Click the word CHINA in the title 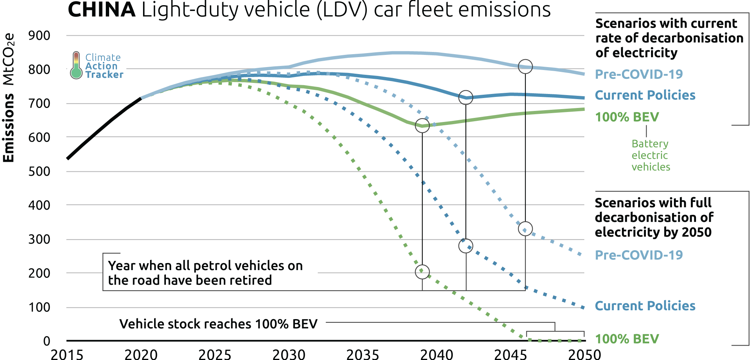[102, 10]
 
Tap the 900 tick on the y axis [39, 36]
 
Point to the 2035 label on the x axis [363, 354]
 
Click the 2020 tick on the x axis [141, 354]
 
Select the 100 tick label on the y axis [39, 307]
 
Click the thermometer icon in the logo [76, 65]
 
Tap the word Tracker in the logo [104, 75]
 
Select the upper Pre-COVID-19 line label [639, 74]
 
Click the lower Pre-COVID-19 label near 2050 [639, 255]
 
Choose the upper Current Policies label [645, 95]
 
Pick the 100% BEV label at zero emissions [627, 339]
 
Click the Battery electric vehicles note [651, 155]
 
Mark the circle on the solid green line [422, 126]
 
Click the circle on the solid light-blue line [525, 67]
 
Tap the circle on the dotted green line [422, 272]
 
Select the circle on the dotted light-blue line [525, 229]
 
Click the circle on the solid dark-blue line [466, 98]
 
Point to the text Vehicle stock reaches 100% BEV [218, 324]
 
